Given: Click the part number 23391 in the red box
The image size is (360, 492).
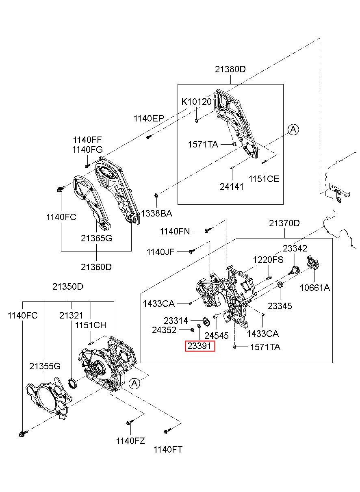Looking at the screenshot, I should pos(200,347).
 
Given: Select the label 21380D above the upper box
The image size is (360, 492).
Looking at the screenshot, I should pos(230,69).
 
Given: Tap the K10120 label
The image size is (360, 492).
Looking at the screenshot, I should pos(196,102).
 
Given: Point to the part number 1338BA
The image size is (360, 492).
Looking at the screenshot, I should pos(156,213).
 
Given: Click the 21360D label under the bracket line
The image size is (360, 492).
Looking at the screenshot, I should pos(96,267).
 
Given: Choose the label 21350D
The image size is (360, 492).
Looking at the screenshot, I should pos(67,286).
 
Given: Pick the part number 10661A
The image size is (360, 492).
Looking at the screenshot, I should pos(315,288).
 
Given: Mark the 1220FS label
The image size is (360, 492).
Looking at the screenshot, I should pos(268,260).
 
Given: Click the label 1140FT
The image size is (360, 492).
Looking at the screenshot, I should pos(168,449).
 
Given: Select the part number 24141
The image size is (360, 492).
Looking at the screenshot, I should pos(232,186).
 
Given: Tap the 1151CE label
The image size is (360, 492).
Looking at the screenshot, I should pos(264,178).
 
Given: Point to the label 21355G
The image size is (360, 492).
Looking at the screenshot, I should pos(45,366).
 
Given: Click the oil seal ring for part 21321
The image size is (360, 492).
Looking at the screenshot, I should pos(72,383).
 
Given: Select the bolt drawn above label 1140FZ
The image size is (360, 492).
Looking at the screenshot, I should pos(129,423).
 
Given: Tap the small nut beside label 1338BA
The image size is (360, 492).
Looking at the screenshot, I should pos(156,197).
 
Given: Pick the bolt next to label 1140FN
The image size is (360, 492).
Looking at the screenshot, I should pos(207,231).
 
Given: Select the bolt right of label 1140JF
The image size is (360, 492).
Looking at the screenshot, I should pos(191,251).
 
